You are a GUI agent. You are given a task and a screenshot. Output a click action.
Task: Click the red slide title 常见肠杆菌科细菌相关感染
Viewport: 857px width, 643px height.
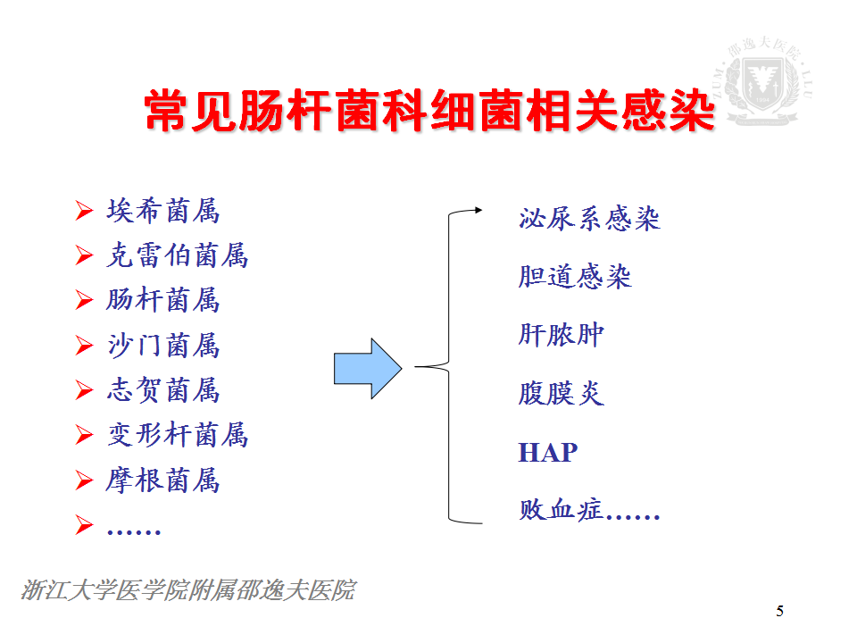click(x=430, y=111)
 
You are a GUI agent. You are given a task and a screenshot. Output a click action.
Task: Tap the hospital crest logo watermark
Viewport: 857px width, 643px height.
click(x=763, y=81)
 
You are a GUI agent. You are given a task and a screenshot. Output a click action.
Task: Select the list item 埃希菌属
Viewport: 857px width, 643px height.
click(x=162, y=211)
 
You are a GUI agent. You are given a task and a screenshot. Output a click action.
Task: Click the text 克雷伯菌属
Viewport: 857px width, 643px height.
click(x=177, y=255)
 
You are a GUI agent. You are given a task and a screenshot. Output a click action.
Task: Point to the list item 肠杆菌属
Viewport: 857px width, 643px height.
click(x=162, y=300)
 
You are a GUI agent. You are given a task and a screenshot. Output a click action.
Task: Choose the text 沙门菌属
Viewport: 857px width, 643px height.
click(x=162, y=345)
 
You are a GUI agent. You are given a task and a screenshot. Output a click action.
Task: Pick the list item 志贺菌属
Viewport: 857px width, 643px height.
click(x=162, y=390)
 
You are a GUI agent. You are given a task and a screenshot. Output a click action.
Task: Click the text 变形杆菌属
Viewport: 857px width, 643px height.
click(x=177, y=435)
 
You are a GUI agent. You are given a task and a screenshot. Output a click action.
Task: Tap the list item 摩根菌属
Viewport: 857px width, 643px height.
click(x=162, y=480)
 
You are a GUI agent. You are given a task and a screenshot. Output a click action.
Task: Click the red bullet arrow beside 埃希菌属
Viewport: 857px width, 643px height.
click(x=84, y=211)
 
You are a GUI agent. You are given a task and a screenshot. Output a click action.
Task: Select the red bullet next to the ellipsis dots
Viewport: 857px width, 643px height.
click(x=84, y=524)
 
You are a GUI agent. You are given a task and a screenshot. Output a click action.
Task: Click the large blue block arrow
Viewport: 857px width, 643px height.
click(x=368, y=369)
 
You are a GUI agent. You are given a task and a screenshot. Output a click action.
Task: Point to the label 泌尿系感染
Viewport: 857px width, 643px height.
click(x=590, y=219)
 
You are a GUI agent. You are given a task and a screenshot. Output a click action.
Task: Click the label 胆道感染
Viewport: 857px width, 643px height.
click(x=575, y=276)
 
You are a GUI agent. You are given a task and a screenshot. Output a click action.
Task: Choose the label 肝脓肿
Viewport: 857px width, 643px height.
click(x=562, y=335)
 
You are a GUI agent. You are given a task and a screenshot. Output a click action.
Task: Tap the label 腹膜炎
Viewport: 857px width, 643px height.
click(x=562, y=393)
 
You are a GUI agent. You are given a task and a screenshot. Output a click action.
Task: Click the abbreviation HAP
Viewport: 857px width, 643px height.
click(x=547, y=453)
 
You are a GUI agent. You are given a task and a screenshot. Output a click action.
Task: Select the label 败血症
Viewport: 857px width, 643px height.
click(x=561, y=510)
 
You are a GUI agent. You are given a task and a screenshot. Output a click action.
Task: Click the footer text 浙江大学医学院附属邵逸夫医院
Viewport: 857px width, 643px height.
click(x=188, y=590)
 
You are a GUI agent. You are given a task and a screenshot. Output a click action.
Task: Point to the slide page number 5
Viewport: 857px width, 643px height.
click(x=780, y=611)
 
